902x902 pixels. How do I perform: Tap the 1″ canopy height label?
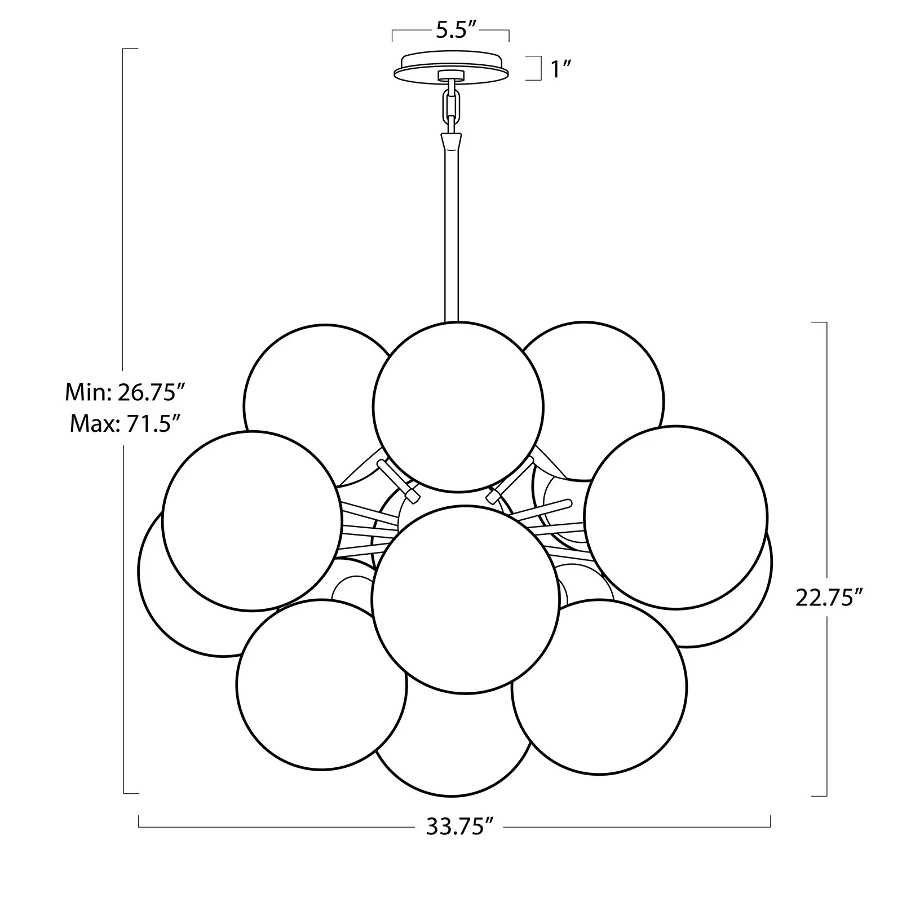click(561, 69)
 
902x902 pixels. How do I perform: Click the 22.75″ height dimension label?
click(829, 598)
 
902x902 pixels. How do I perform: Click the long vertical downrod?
click(452, 237)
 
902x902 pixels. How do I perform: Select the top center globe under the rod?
click(458, 406)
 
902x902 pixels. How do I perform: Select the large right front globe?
click(676, 517)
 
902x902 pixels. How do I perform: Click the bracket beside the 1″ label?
click(534, 68)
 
